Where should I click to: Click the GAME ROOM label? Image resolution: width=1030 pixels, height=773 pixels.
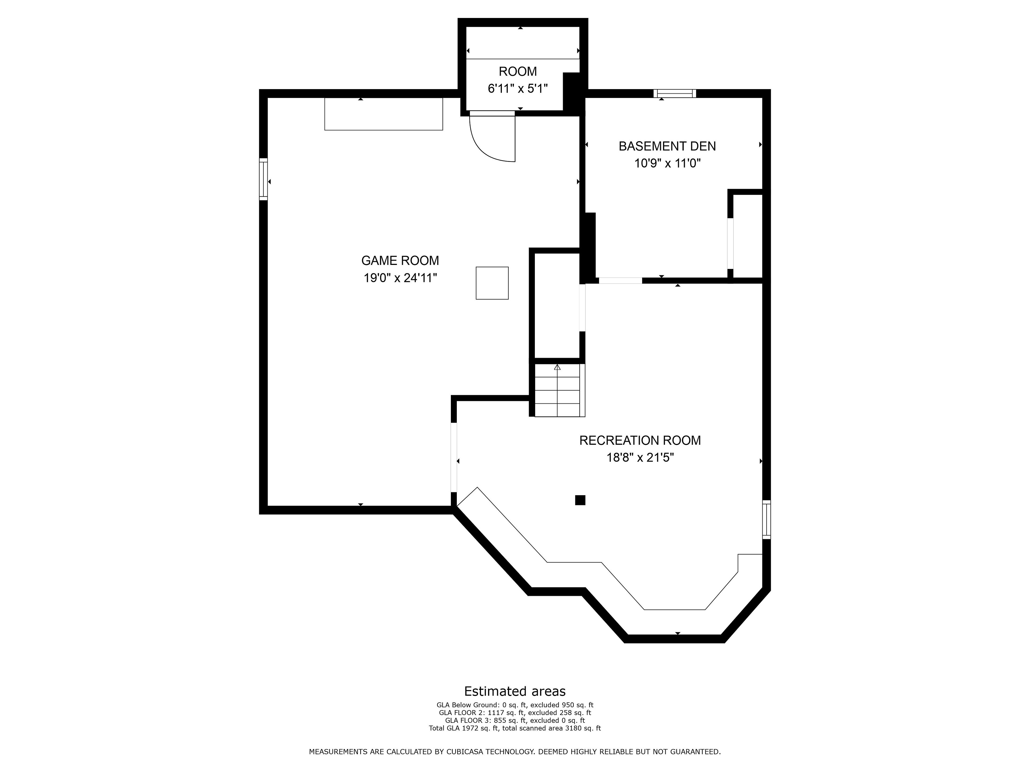click(x=400, y=260)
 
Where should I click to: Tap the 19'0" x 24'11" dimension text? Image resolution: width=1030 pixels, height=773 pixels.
click(x=400, y=278)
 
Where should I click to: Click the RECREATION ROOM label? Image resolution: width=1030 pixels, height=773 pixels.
click(x=640, y=440)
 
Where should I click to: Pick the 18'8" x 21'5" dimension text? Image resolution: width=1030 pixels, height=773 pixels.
click(x=640, y=458)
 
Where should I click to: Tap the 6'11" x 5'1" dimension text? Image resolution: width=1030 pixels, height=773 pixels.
click(x=518, y=89)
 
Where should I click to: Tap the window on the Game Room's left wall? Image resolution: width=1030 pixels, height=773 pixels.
click(x=264, y=179)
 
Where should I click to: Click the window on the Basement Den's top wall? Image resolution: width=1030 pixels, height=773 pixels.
click(x=675, y=93)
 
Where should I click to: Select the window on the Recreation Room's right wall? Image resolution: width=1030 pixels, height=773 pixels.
click(x=766, y=520)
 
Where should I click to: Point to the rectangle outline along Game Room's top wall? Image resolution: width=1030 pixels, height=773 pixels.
click(x=384, y=114)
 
